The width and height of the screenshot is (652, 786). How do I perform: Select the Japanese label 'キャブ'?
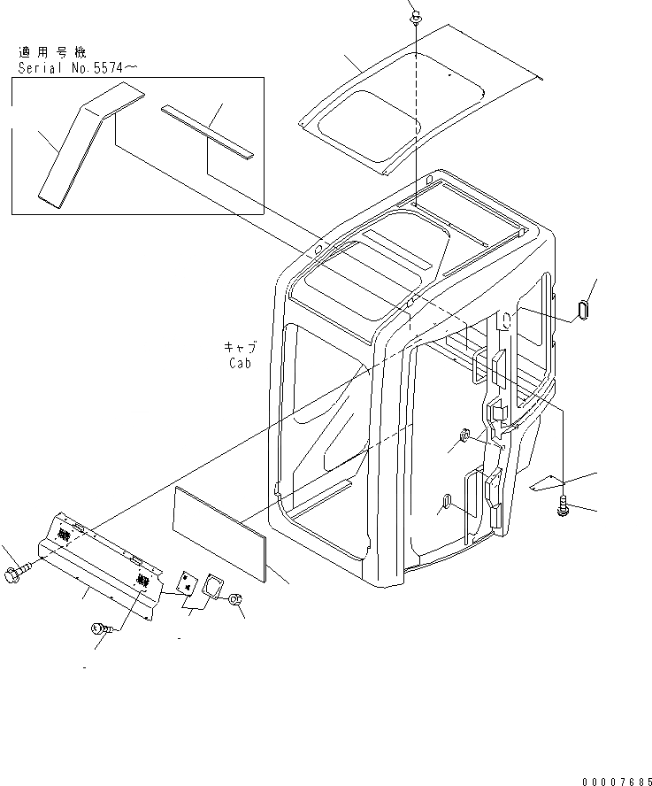pyautogui.click(x=238, y=347)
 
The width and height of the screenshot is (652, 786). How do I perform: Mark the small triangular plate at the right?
pyautogui.click(x=546, y=483)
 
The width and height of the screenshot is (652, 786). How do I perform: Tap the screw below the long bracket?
pyautogui.click(x=100, y=629)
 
